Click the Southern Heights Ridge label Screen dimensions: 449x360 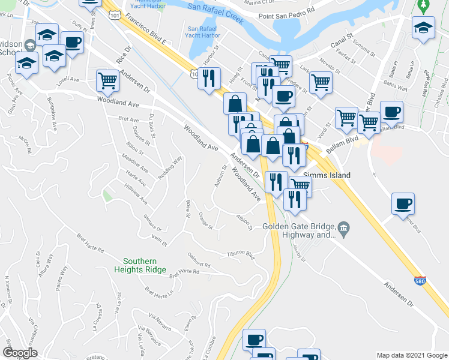click(x=140, y=265)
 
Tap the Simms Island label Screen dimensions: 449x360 click(x=326, y=176)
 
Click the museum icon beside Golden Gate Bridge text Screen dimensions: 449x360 click(x=343, y=227)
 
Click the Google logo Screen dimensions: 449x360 click(x=20, y=353)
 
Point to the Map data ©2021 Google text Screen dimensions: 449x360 click(x=411, y=355)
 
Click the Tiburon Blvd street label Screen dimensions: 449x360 click(x=240, y=254)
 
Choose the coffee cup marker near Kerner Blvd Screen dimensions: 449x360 click(x=402, y=203)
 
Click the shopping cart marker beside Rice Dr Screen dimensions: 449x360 click(x=107, y=80)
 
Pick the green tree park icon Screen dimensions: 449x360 click(x=423, y=5)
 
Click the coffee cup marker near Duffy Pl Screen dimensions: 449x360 click(x=72, y=43)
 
